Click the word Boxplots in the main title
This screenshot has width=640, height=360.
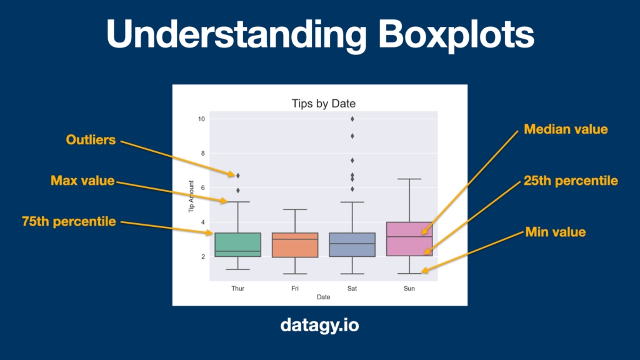456,35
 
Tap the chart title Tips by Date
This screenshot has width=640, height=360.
323,104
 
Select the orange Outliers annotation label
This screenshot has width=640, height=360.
91,140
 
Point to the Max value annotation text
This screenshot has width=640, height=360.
82,181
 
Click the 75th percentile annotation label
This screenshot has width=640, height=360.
69,222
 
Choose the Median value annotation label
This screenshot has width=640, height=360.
566,129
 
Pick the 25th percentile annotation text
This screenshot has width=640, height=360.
571,181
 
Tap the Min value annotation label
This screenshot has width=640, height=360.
556,232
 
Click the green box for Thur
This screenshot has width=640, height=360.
238,245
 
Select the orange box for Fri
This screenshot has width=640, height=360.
295,245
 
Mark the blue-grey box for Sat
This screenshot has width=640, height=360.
352,245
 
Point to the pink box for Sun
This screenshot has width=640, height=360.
409,239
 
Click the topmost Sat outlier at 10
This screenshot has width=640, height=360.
352,119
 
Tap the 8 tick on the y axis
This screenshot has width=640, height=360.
203,154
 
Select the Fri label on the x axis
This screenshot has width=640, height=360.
295,289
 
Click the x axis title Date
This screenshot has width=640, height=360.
323,297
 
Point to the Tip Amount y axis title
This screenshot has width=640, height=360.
191,196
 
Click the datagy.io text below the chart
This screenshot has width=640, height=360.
320,325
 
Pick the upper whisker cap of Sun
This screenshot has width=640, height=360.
409,179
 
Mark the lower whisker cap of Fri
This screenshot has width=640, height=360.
295,274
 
